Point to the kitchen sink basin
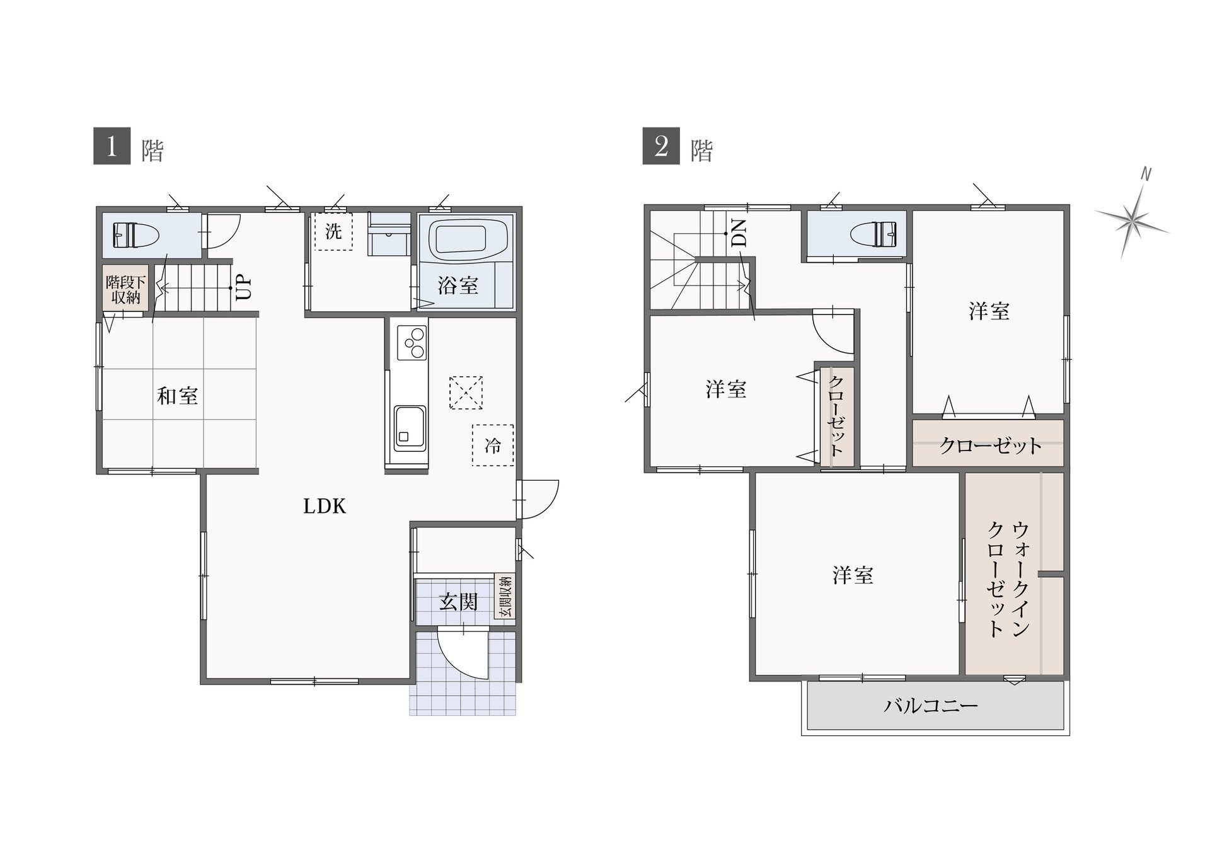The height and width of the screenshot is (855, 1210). click(x=410, y=427)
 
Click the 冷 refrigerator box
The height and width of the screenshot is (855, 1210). click(x=493, y=445)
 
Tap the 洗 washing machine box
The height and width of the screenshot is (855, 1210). click(x=333, y=231)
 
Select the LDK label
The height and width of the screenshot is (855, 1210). click(x=325, y=506)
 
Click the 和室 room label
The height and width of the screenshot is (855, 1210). click(x=178, y=396)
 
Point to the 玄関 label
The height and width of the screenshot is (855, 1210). click(x=458, y=602)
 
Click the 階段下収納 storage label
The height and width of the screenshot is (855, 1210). click(x=126, y=289)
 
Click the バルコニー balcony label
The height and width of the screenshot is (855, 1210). click(x=930, y=704)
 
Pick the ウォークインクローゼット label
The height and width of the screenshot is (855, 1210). click(x=1008, y=579)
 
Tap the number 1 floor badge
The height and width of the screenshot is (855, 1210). click(x=112, y=146)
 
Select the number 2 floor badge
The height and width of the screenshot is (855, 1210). click(x=661, y=146)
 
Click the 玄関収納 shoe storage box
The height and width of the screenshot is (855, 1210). click(x=504, y=597)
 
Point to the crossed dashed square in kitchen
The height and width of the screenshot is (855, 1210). click(x=466, y=393)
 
